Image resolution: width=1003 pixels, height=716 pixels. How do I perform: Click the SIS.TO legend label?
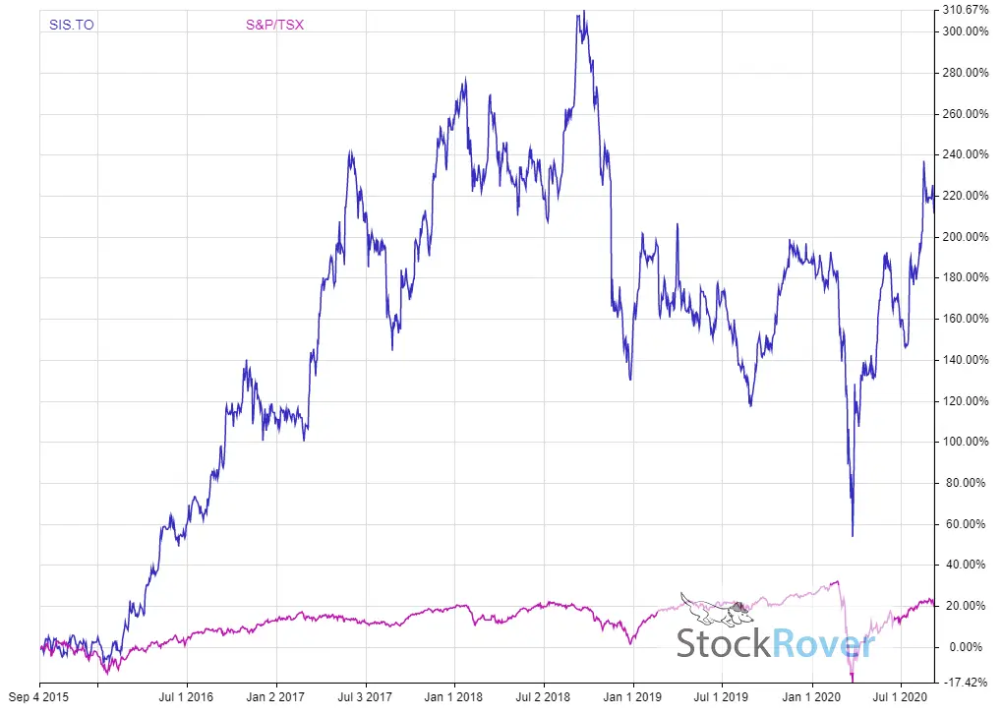pyautogui.click(x=72, y=25)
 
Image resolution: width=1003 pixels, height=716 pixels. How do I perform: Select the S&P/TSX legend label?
pyautogui.click(x=274, y=25)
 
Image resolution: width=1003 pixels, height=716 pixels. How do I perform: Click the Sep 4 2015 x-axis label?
pyautogui.click(x=40, y=697)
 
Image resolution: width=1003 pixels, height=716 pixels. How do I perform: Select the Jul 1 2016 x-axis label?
pyautogui.click(x=187, y=697)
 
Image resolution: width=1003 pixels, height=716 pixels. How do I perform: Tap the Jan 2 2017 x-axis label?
pyautogui.click(x=275, y=697)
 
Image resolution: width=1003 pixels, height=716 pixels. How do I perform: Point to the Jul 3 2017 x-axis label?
pyautogui.click(x=365, y=697)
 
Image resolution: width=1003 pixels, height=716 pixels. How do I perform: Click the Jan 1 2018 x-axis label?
pyautogui.click(x=453, y=697)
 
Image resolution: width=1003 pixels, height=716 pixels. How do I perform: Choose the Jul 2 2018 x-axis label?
pyautogui.click(x=544, y=697)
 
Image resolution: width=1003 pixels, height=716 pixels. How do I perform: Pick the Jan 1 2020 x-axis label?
pyautogui.click(x=811, y=697)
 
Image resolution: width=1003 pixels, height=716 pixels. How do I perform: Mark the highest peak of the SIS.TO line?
pyautogui.click(x=583, y=12)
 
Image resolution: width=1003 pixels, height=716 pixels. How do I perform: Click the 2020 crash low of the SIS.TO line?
pyautogui.click(x=853, y=535)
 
